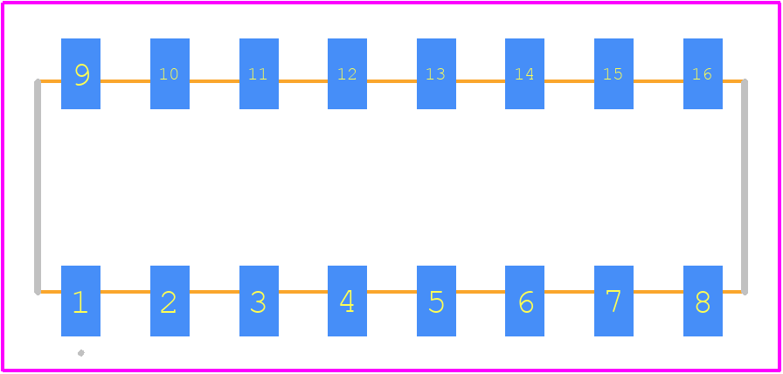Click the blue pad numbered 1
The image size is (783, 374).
(x=81, y=301)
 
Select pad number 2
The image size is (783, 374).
(x=170, y=301)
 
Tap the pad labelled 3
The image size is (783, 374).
(x=259, y=301)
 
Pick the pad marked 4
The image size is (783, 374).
(x=347, y=301)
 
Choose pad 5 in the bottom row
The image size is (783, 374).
(x=436, y=301)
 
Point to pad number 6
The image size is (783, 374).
(x=525, y=301)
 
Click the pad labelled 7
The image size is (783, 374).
(x=613, y=301)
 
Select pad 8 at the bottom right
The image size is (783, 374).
(x=703, y=301)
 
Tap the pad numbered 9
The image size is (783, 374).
(x=81, y=73)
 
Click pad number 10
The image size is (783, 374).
(x=170, y=73)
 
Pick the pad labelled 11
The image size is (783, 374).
(x=259, y=73)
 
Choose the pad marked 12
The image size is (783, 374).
(x=347, y=73)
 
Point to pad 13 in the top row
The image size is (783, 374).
(x=436, y=73)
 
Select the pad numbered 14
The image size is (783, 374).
(x=525, y=73)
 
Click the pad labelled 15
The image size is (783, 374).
(x=613, y=73)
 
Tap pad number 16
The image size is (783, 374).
(x=703, y=73)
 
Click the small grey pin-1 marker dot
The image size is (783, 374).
(x=81, y=353)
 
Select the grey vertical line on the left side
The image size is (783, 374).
(x=38, y=186)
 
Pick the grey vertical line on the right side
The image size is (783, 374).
(x=745, y=186)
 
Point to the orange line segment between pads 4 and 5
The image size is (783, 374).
(x=392, y=292)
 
